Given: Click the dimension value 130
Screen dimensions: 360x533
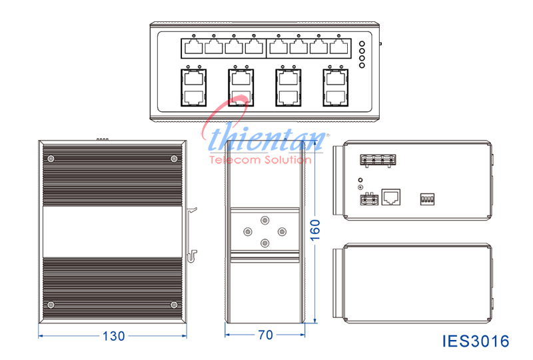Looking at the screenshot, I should click(x=113, y=336).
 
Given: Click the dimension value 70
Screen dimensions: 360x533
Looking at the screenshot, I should click(x=265, y=336).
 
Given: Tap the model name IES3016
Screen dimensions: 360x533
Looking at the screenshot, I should click(x=476, y=341).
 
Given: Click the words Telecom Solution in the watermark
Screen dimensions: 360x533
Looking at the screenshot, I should click(x=256, y=161).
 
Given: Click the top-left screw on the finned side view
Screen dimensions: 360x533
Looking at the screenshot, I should click(x=51, y=159).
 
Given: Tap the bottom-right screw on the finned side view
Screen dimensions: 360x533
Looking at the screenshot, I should click(x=174, y=305).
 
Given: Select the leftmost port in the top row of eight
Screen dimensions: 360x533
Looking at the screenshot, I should click(x=193, y=47).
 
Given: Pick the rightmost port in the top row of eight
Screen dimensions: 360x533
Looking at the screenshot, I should click(x=339, y=47).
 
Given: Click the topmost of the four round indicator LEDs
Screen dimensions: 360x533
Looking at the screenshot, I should click(x=362, y=45).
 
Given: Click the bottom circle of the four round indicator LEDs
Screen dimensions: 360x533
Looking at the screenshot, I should click(x=362, y=65).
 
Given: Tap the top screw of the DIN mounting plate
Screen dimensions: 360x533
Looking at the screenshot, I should click(x=265, y=221).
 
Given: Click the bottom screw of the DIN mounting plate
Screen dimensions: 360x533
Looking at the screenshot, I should click(x=265, y=243).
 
